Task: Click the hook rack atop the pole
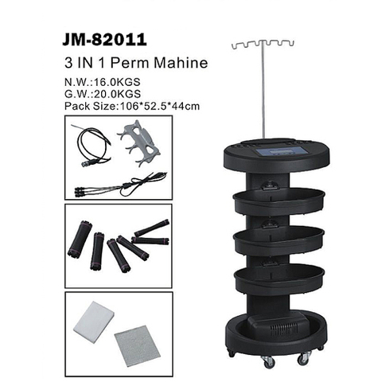(263, 44)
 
